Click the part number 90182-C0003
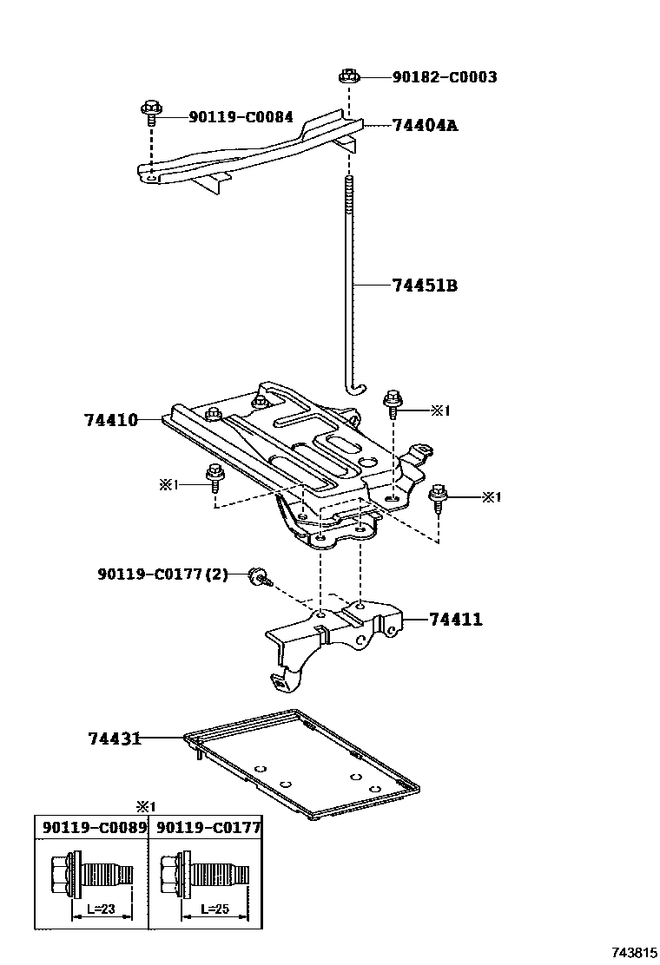(x=444, y=77)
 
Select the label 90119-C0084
(x=241, y=117)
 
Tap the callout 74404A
(x=424, y=126)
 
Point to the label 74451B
(x=424, y=286)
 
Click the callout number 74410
(x=111, y=420)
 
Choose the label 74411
(x=455, y=620)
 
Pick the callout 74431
(x=115, y=739)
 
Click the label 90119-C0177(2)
(x=162, y=574)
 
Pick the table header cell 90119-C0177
(x=206, y=827)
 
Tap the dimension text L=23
(x=102, y=909)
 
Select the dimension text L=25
(x=214, y=909)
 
